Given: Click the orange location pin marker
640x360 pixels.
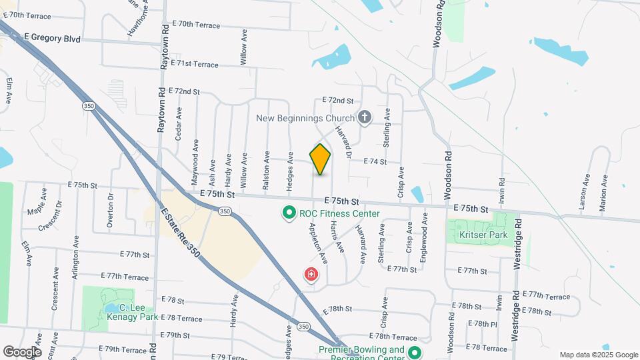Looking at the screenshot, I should [320, 159].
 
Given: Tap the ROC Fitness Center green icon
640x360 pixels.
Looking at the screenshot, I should [289, 213].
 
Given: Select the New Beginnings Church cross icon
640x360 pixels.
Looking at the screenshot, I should [364, 118].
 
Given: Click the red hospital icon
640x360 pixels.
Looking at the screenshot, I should [311, 273].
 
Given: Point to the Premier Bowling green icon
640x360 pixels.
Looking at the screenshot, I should [415, 353].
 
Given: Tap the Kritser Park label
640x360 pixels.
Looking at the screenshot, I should [483, 235].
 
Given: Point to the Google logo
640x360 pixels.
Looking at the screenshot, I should [22, 351].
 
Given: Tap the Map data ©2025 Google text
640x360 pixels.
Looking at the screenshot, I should [598, 355].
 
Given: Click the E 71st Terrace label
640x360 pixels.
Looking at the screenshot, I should [194, 64].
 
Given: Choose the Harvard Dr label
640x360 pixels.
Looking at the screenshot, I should [343, 141].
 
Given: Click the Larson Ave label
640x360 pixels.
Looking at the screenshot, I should [585, 192].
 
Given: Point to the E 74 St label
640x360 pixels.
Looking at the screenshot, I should [375, 161].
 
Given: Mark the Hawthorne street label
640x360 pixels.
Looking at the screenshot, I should [139, 19].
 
